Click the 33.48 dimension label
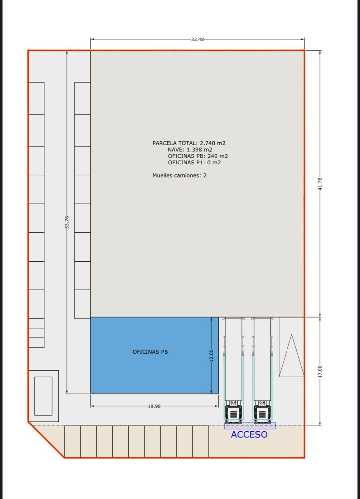point(197,39)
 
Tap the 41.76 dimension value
point(320,184)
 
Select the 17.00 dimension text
point(320,371)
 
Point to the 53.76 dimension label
point(67,222)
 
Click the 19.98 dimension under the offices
point(154,406)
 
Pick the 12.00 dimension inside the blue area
point(211,356)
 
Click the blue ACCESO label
point(249,434)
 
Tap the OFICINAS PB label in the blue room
point(150,352)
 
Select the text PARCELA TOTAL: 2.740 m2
point(189,143)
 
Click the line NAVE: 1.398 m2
point(190,149)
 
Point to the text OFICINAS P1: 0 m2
point(194,162)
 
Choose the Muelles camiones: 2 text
point(179,175)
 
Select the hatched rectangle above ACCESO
point(250,426)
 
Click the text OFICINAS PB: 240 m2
point(198,156)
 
